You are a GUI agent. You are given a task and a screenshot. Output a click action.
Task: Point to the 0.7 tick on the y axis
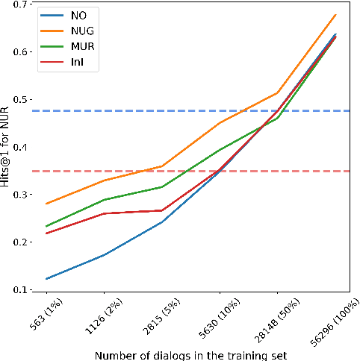[22, 4]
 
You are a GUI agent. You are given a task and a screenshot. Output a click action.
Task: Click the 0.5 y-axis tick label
[22, 99]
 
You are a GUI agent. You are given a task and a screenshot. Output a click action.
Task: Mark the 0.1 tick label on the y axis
[22, 290]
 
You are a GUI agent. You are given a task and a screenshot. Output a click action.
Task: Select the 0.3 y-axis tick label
[22, 195]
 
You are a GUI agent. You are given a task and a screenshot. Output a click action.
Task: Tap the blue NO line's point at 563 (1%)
[46, 279]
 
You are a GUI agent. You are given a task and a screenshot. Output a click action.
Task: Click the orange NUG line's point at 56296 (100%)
[335, 14]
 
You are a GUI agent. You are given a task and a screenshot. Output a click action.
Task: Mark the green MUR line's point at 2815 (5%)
[162, 186]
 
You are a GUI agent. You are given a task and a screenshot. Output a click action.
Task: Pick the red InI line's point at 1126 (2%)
[104, 213]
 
